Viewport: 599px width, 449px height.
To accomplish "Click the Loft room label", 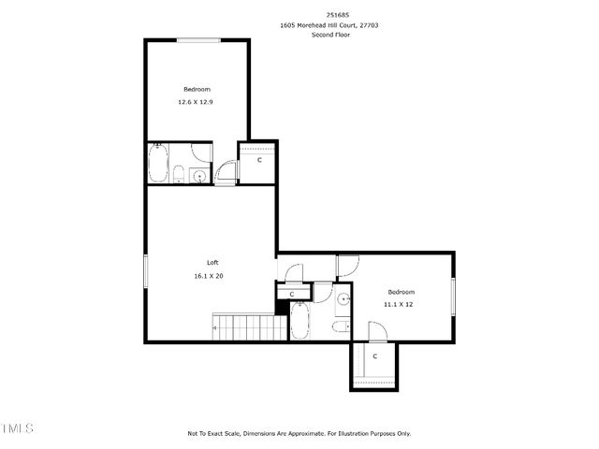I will (x=213, y=263).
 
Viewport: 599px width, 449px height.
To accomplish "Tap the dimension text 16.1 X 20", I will (x=208, y=276).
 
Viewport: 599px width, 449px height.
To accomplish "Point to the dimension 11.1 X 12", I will (x=399, y=304).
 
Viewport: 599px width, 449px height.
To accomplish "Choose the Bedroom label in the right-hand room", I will (x=401, y=291).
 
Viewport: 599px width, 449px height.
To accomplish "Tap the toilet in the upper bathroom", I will (x=179, y=174).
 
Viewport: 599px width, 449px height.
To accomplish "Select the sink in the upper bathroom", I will (x=198, y=175).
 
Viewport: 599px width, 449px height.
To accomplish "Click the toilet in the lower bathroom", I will (x=342, y=325).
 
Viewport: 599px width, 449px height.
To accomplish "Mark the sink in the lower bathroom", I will (x=343, y=299).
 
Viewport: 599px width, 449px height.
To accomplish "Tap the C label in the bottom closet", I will (x=374, y=356).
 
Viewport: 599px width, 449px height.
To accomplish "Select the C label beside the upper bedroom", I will (x=259, y=161).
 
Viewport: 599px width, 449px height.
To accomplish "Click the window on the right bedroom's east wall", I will (x=453, y=297).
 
